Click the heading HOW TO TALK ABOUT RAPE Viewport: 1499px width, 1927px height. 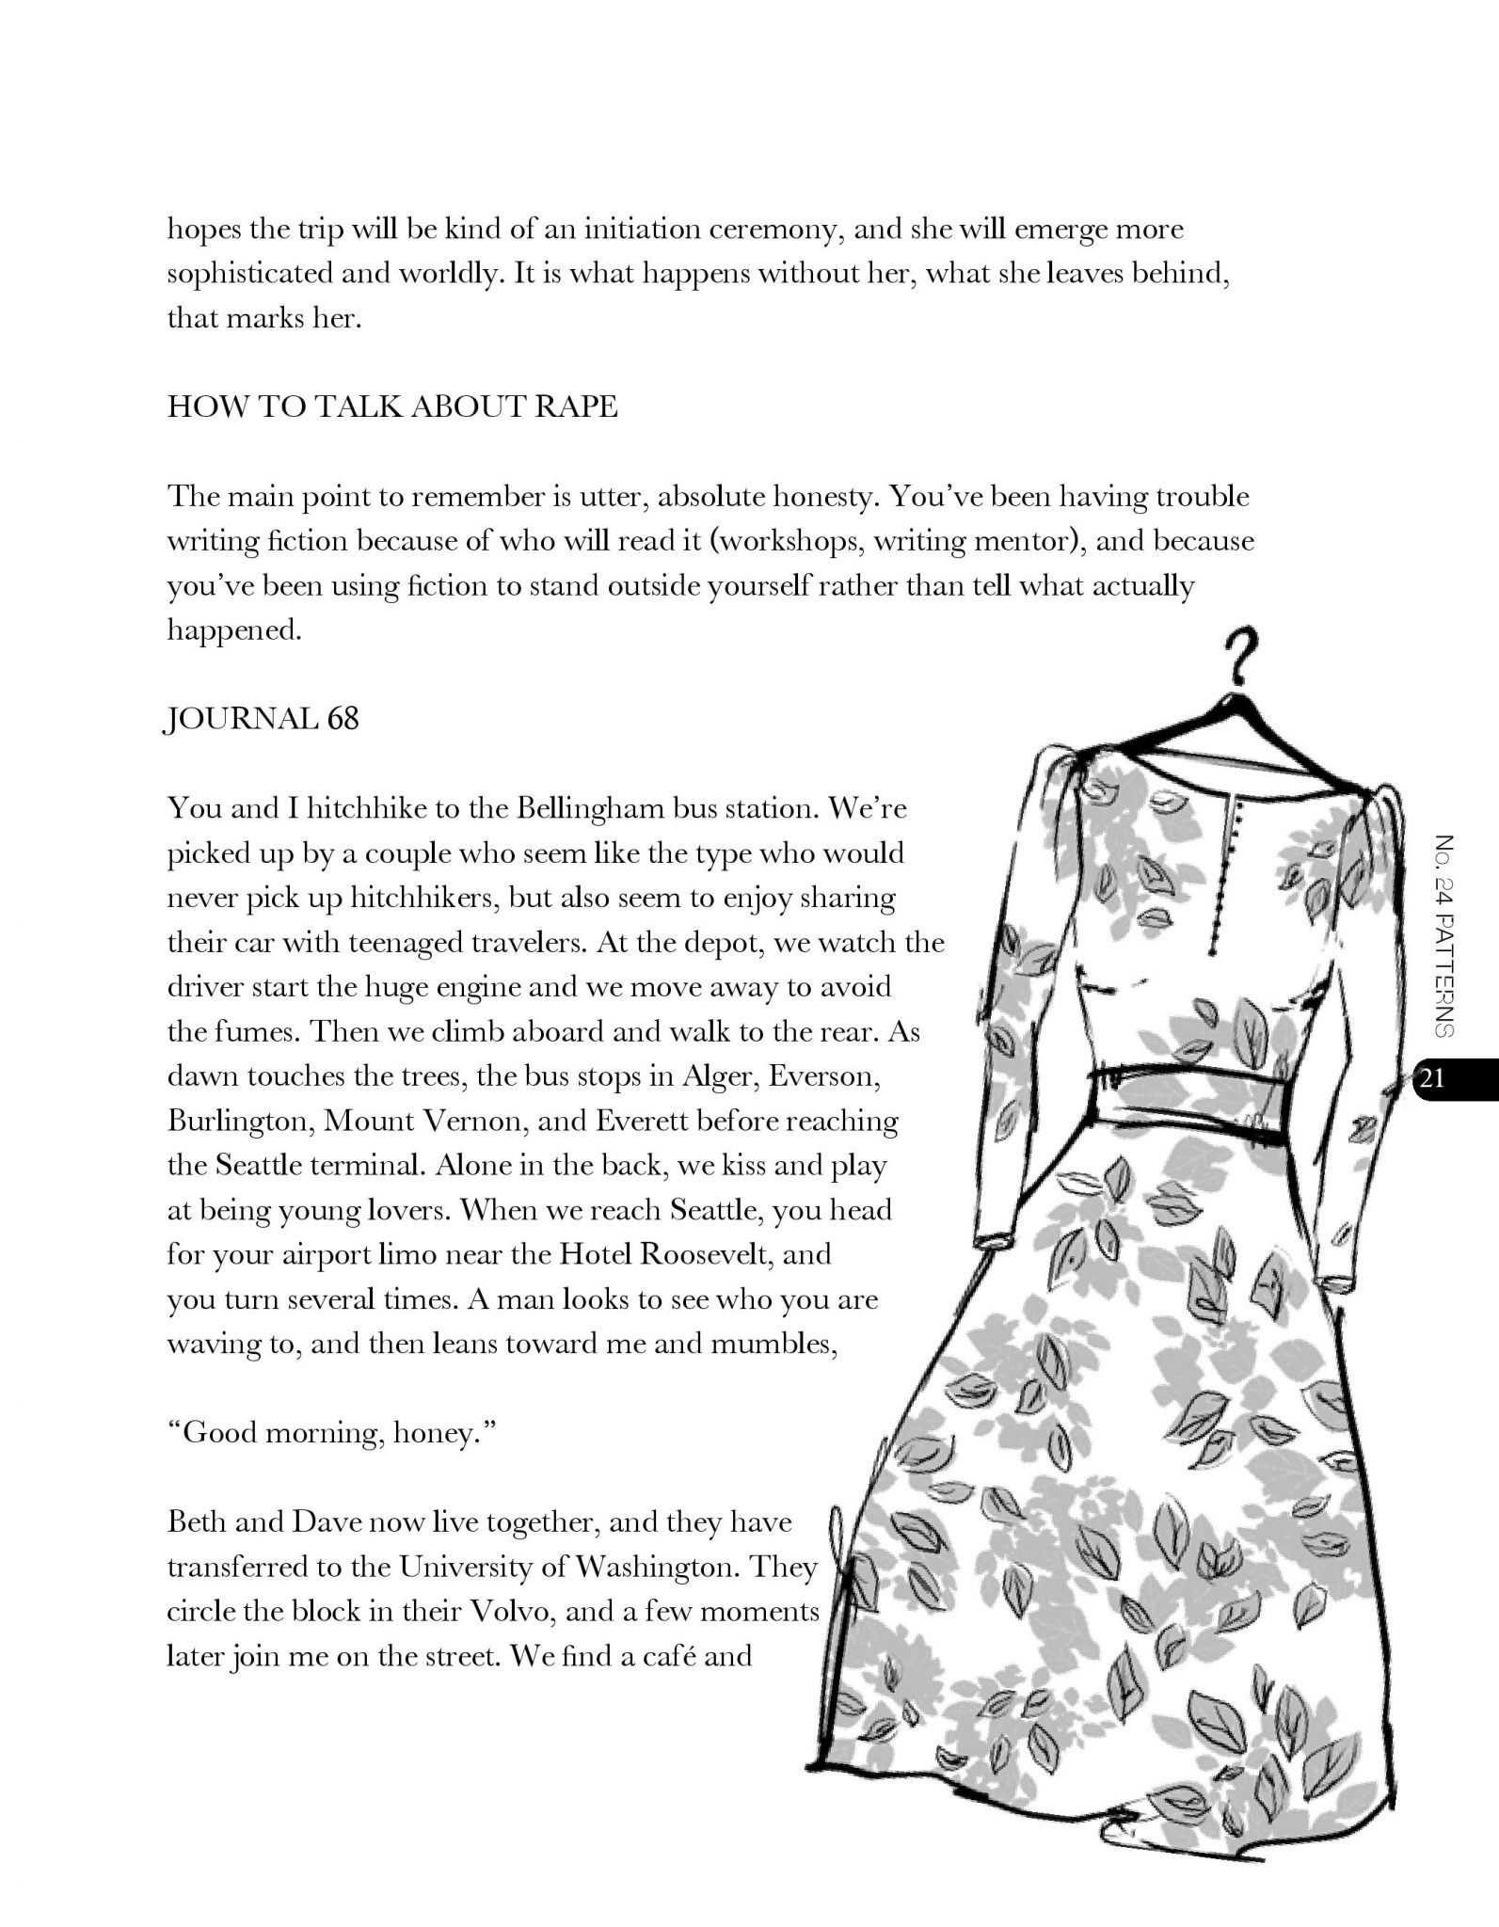[392, 406]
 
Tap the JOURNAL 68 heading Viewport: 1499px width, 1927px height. [263, 720]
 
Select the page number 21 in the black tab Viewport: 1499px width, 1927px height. [1433, 1079]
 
